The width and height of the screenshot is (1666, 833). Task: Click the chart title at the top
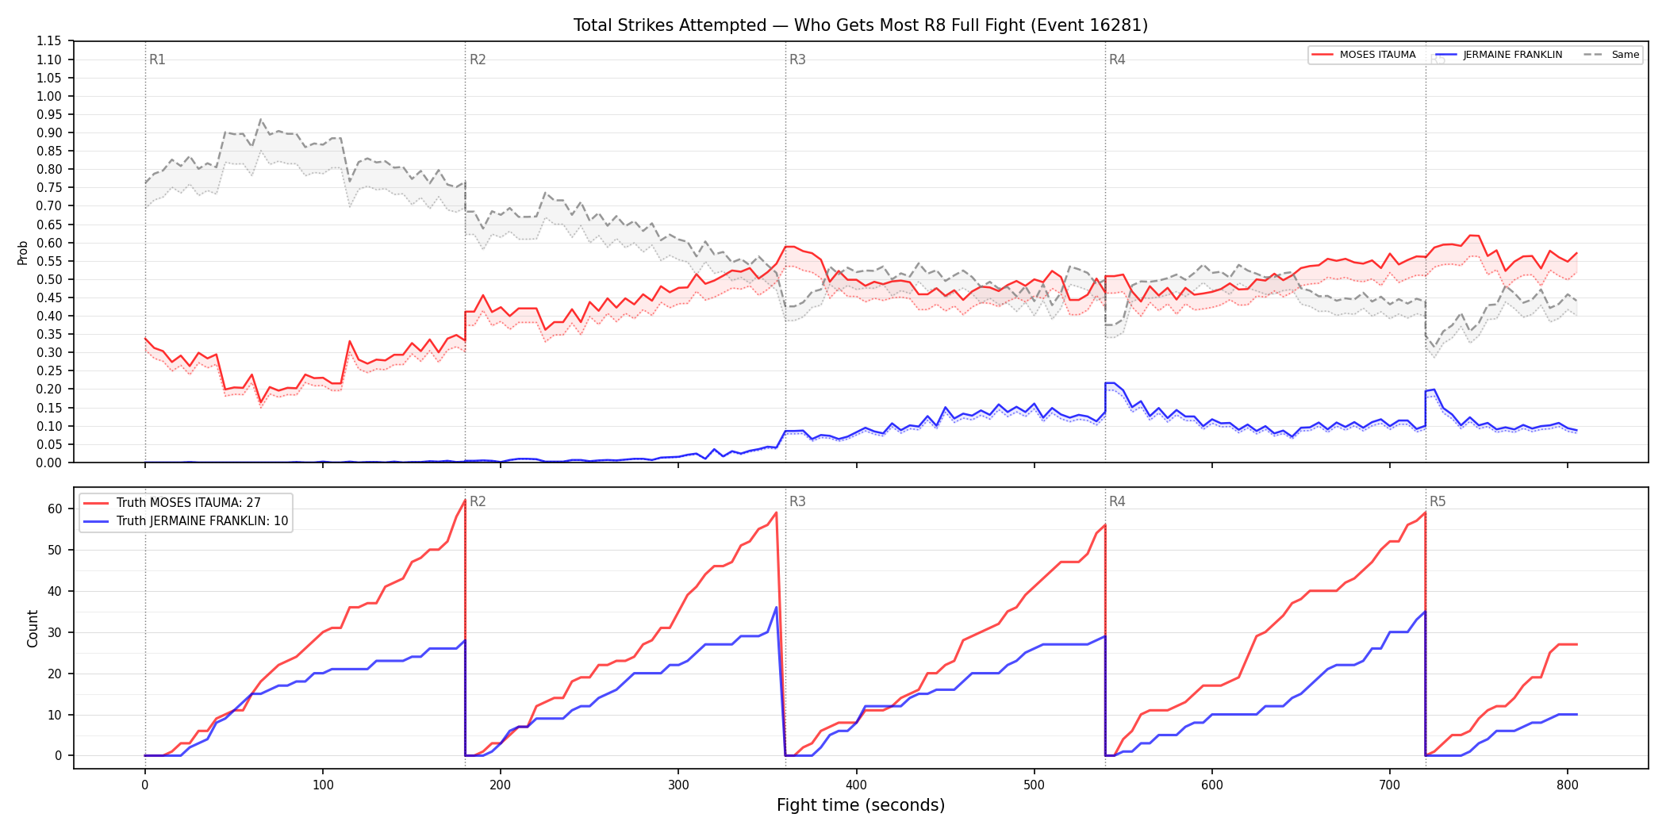[861, 25]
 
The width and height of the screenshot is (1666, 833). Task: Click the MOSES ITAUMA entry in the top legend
[1364, 55]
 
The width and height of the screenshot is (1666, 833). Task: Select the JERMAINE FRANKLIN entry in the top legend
[1499, 55]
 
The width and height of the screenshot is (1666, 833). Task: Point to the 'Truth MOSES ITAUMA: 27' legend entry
[187, 503]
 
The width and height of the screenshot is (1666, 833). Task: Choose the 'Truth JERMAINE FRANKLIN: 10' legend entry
[187, 521]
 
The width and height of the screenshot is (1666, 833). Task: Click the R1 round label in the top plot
[157, 60]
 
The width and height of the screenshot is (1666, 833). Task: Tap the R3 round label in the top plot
[797, 60]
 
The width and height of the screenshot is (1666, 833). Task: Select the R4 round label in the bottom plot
[1117, 501]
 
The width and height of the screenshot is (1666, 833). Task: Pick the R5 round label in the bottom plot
[1438, 501]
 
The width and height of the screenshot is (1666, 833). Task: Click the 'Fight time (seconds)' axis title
[861, 805]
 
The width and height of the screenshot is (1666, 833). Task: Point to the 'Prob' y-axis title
[23, 252]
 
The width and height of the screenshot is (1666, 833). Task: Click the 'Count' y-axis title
[33, 628]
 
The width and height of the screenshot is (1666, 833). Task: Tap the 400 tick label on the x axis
[856, 785]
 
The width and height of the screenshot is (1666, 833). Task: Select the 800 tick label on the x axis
[1567, 785]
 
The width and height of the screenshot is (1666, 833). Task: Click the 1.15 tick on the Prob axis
[49, 41]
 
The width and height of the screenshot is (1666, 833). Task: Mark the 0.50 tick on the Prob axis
[49, 279]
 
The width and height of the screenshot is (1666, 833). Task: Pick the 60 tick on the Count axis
[55, 509]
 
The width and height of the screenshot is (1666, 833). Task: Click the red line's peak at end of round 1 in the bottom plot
[465, 500]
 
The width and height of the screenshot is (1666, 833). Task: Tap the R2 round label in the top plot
[478, 60]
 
